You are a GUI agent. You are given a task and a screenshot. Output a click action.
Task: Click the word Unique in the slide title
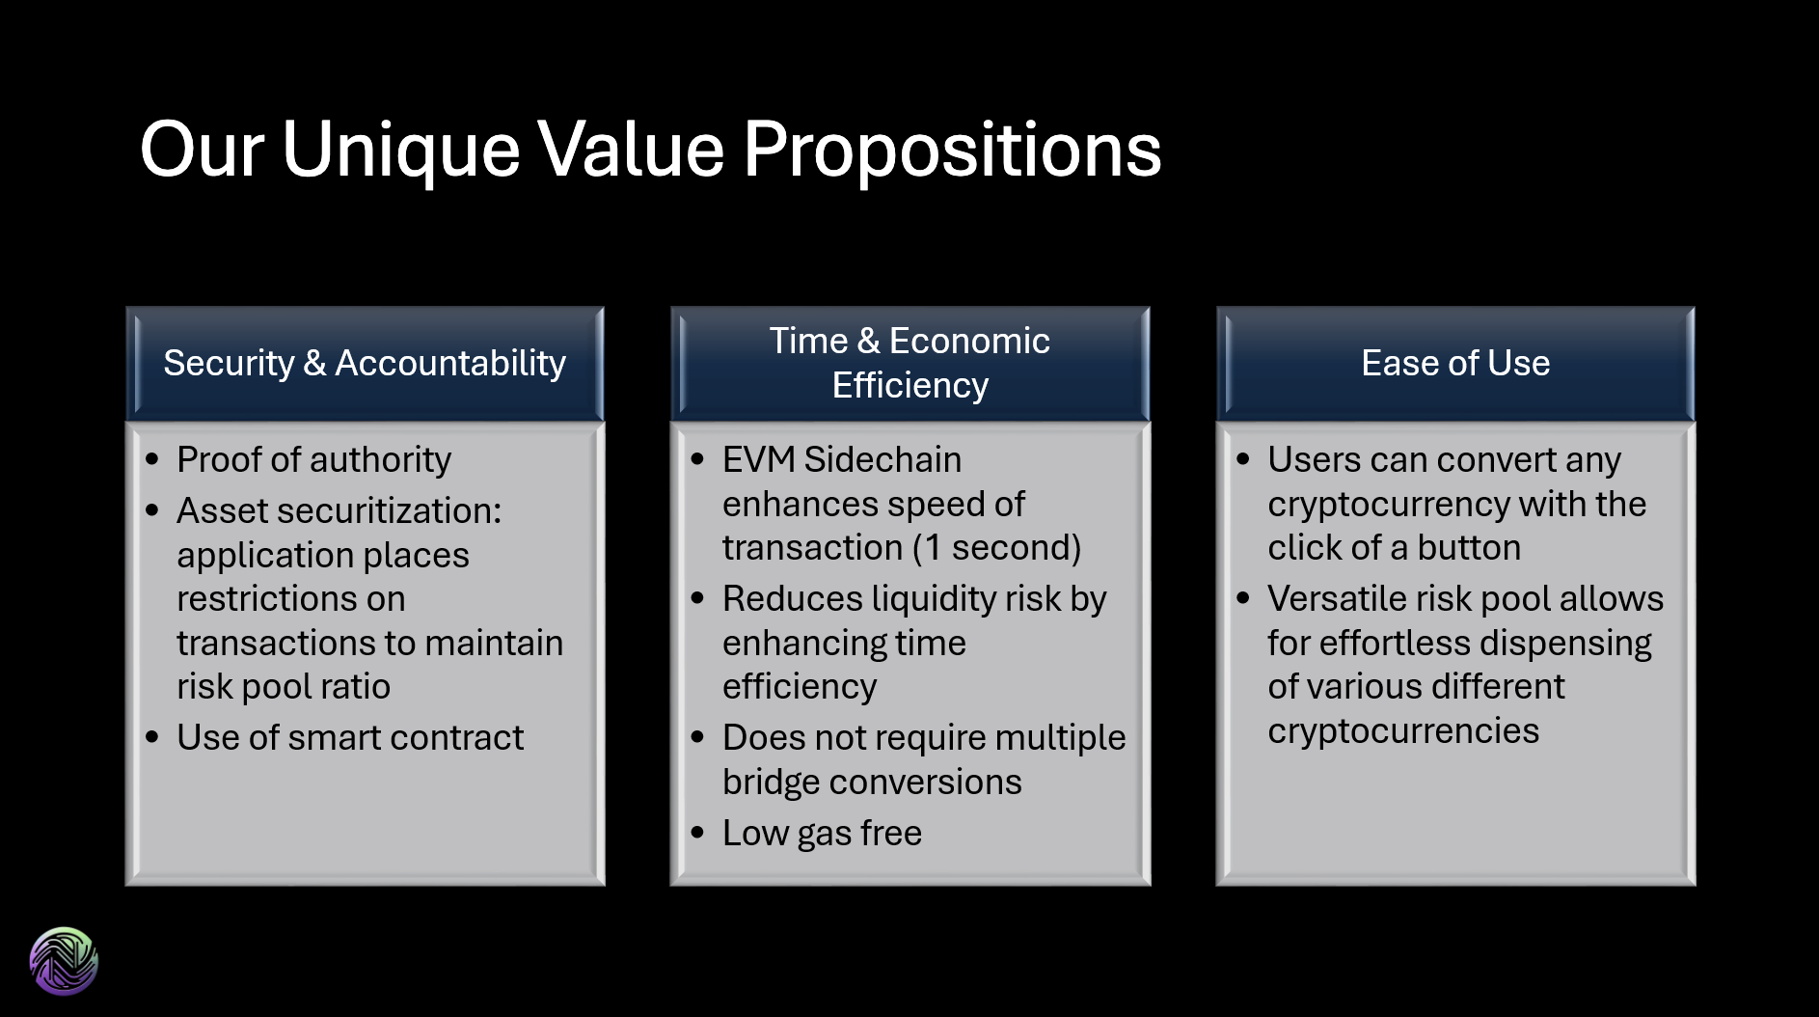tap(400, 151)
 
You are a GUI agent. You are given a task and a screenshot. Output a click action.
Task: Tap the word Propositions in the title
tap(952, 151)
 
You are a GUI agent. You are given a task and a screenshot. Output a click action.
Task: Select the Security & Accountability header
tap(365, 364)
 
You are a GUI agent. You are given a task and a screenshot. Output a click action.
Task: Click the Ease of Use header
tap(1455, 364)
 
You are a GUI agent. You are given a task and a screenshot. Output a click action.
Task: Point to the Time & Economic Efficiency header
tap(909, 364)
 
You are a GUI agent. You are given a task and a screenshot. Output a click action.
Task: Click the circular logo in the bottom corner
tap(64, 960)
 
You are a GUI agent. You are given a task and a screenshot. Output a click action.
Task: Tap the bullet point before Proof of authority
tap(152, 460)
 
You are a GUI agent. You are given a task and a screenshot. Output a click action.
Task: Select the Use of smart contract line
tap(350, 738)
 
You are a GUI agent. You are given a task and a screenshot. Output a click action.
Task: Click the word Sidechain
tap(882, 460)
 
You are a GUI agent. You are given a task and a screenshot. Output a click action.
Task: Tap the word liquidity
tap(934, 599)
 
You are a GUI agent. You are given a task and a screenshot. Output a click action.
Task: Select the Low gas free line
tap(822, 834)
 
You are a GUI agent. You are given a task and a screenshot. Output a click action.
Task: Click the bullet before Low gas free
tap(698, 834)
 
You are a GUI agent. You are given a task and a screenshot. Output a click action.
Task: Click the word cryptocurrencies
tap(1403, 731)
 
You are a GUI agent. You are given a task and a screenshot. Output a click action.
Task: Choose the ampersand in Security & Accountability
tap(314, 364)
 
